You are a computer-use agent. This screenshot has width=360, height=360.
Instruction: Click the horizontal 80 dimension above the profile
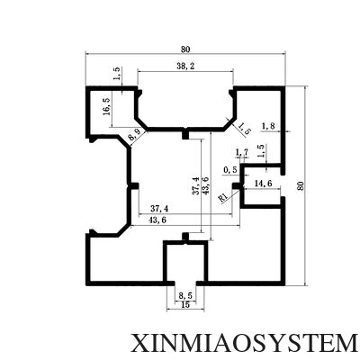point(185,49)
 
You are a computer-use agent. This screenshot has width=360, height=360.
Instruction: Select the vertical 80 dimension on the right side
point(300,186)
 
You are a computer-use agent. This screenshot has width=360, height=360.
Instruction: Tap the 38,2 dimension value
point(185,67)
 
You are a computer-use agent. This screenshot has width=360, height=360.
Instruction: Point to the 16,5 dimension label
point(107,106)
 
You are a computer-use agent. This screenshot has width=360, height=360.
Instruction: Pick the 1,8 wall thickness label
point(268,126)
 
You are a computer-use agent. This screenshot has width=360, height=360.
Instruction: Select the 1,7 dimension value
point(242,153)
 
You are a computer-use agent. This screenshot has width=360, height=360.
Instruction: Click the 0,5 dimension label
point(230,170)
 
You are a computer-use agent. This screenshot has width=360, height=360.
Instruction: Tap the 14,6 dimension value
point(263,184)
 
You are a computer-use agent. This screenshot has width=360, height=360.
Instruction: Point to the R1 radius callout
point(223,197)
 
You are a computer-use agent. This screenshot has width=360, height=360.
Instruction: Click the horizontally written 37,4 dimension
point(159,208)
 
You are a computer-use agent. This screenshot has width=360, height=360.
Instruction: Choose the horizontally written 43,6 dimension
point(157,220)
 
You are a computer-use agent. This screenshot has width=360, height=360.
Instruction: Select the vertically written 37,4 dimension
point(195,185)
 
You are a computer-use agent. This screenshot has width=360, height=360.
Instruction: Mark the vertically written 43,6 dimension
point(206,185)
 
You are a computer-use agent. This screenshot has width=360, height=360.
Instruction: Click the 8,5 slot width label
point(185,296)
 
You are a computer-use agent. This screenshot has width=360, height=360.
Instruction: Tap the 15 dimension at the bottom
point(185,305)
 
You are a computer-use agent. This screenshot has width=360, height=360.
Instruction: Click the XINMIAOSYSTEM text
point(243,342)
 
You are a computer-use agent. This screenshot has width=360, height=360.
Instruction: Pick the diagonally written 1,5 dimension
point(245,128)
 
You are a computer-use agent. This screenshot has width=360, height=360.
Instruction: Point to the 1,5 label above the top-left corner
point(117,73)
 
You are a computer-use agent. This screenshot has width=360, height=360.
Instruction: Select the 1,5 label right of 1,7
point(261,151)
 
